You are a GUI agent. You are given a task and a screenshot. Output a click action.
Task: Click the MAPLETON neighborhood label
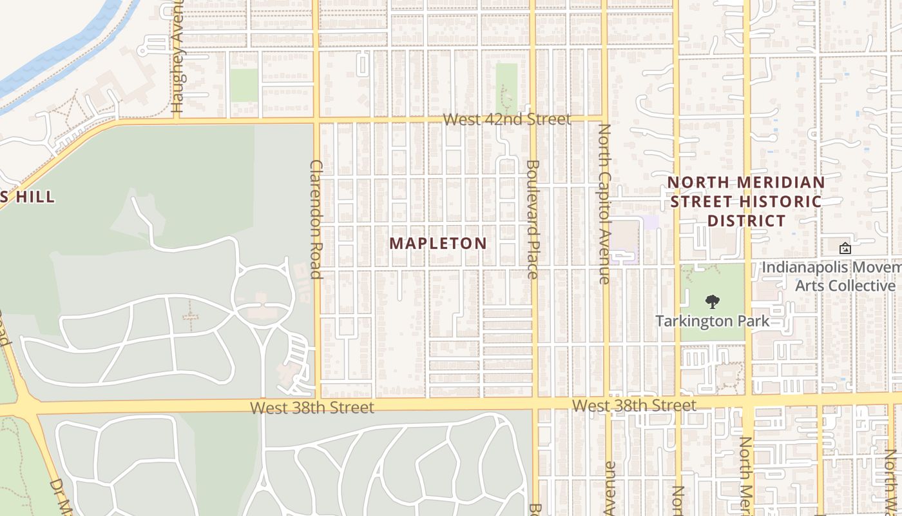[438, 243]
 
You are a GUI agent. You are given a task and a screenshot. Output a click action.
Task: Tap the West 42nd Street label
[506, 119]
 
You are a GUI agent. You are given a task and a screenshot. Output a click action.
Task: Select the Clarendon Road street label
[316, 219]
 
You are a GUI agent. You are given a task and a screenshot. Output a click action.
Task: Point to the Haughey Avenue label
[178, 58]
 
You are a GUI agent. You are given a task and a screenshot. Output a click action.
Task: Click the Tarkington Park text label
[713, 321]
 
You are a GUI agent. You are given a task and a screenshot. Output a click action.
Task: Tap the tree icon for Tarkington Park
[712, 301]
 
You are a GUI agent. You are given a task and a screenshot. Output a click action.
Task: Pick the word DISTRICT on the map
[747, 221]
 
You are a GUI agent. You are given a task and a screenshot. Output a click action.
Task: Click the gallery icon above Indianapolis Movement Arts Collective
[845, 248]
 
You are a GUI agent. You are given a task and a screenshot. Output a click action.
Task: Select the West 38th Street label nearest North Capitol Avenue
[634, 406]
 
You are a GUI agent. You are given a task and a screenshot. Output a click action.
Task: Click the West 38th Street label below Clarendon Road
[312, 408]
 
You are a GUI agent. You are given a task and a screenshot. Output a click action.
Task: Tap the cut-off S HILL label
[27, 197]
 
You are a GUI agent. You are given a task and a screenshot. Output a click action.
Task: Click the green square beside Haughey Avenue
[244, 84]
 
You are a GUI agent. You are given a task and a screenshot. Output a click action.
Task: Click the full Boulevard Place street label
[532, 219]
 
